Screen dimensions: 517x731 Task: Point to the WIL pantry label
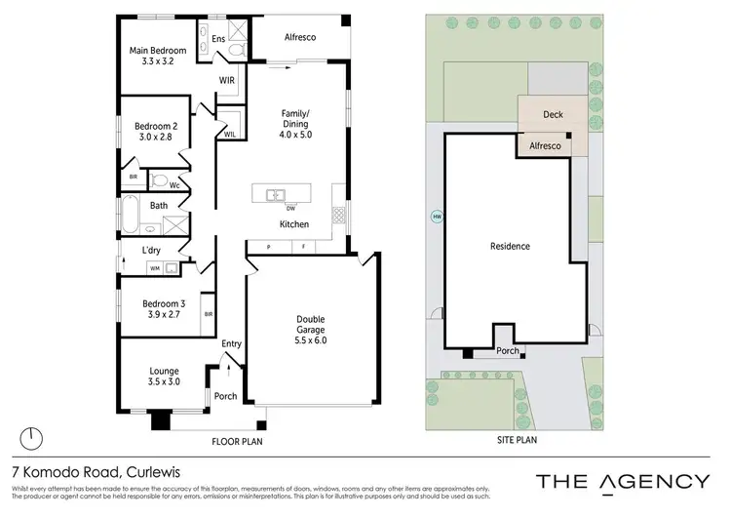click(230, 135)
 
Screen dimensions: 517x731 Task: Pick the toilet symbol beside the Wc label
click(158, 181)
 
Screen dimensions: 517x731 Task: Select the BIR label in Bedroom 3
click(209, 314)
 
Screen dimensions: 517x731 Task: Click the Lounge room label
click(163, 371)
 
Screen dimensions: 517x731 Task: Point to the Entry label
click(231, 343)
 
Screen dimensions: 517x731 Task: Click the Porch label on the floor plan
click(225, 396)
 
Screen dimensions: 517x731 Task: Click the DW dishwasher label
click(290, 208)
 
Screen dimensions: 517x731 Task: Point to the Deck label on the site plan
click(553, 115)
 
